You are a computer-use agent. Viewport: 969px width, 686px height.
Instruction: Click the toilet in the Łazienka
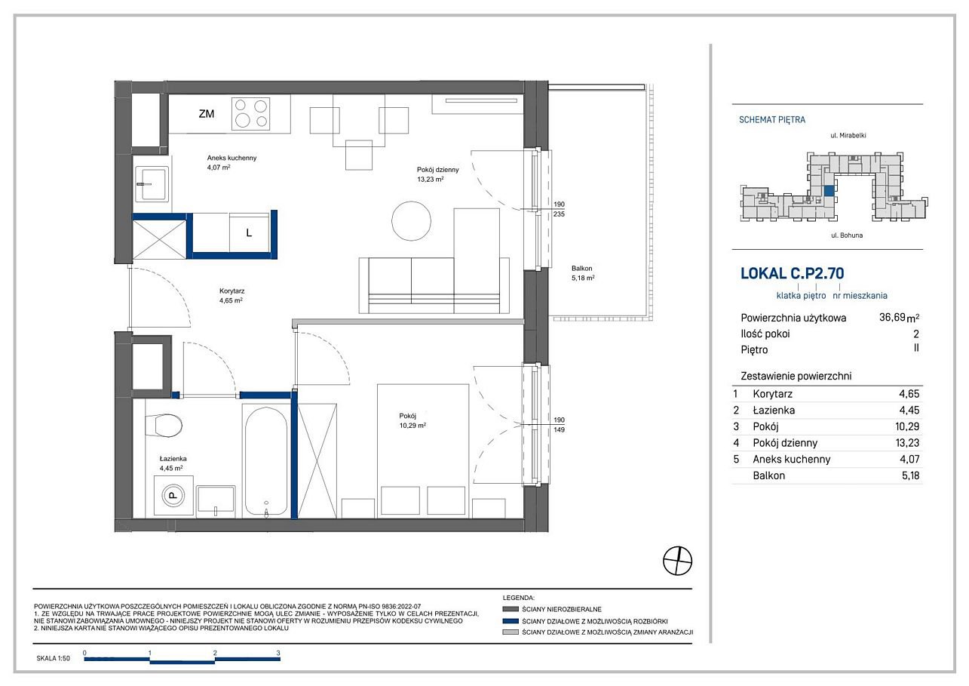pyautogui.click(x=164, y=426)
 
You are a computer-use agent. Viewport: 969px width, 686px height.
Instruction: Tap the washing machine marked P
pyautogui.click(x=173, y=496)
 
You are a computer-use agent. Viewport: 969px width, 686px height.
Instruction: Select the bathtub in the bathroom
pyautogui.click(x=265, y=461)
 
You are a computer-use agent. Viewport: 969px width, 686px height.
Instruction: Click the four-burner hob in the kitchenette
pyautogui.click(x=251, y=113)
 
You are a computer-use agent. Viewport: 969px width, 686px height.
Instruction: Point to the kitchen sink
pyautogui.click(x=151, y=184)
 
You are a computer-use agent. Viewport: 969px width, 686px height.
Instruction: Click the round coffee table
pyautogui.click(x=411, y=220)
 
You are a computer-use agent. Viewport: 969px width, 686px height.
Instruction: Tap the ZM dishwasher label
pyautogui.click(x=207, y=114)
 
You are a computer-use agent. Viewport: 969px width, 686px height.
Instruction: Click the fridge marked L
pyautogui.click(x=249, y=232)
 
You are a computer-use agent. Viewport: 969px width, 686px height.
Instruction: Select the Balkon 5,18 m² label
pyautogui.click(x=583, y=273)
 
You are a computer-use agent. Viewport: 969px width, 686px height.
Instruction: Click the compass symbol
pyautogui.click(x=677, y=561)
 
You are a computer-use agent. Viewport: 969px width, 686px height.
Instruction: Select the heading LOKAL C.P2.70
pyautogui.click(x=792, y=273)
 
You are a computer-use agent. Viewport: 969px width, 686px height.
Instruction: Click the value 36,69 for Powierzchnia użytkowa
pyautogui.click(x=892, y=317)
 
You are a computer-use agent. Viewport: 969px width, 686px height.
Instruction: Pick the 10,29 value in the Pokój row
pyautogui.click(x=907, y=426)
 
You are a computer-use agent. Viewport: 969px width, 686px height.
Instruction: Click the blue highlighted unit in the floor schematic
pyautogui.click(x=829, y=191)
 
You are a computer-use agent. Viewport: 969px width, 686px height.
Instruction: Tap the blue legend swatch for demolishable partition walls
pyautogui.click(x=511, y=620)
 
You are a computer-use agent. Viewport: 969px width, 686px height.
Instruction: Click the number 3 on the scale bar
pyautogui.click(x=278, y=653)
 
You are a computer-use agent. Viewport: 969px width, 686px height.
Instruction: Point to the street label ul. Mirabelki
pyautogui.click(x=848, y=136)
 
